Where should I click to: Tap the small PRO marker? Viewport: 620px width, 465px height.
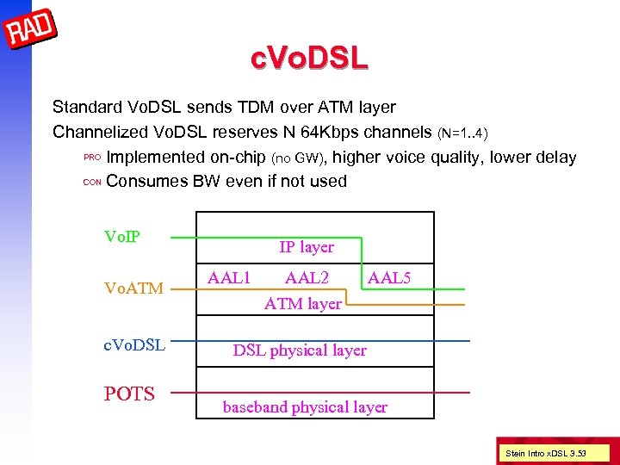(x=92, y=158)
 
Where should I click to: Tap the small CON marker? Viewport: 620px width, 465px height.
(x=92, y=182)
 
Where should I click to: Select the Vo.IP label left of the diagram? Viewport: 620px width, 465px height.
(x=122, y=237)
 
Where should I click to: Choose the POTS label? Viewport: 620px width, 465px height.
(x=129, y=394)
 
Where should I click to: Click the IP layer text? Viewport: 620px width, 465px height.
(x=306, y=247)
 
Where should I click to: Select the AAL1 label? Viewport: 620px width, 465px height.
(x=229, y=277)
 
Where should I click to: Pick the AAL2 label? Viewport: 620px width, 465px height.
(x=307, y=277)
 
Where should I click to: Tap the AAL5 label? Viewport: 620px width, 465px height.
(x=389, y=277)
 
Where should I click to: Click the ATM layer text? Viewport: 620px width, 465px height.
(x=302, y=303)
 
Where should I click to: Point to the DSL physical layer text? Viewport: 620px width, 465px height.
(x=300, y=350)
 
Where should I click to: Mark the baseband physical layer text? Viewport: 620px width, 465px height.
(x=305, y=406)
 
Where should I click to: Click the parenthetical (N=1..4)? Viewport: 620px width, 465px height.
(x=464, y=133)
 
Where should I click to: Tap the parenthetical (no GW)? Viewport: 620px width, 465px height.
(x=299, y=158)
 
